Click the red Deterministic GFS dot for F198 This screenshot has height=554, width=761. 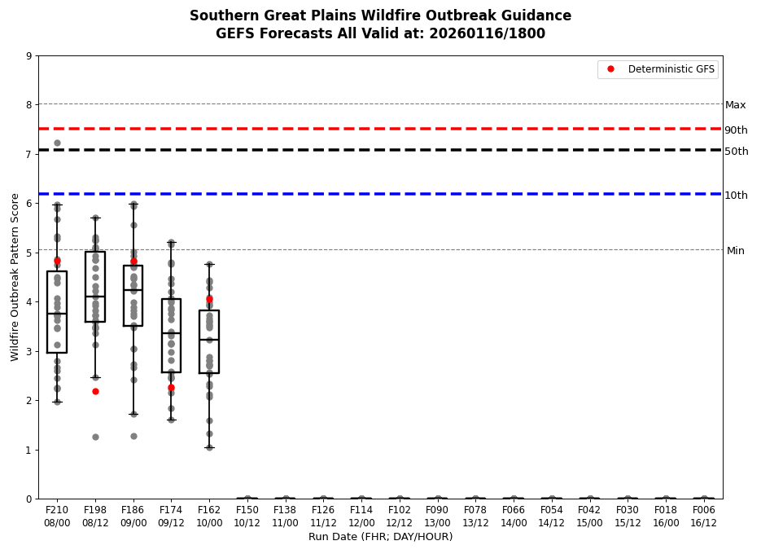95,391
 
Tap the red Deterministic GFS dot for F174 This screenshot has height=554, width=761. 171,387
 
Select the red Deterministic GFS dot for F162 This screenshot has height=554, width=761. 209,299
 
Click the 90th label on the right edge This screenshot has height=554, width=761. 736,130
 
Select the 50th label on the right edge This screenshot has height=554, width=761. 736,152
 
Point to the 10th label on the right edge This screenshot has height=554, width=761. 736,196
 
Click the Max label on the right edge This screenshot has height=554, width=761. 735,105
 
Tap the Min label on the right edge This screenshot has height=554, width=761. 735,251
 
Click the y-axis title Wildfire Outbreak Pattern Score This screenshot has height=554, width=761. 15,277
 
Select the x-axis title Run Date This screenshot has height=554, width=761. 380,537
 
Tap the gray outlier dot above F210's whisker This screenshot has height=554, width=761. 57,143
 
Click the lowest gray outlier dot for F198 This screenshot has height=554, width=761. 95,437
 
